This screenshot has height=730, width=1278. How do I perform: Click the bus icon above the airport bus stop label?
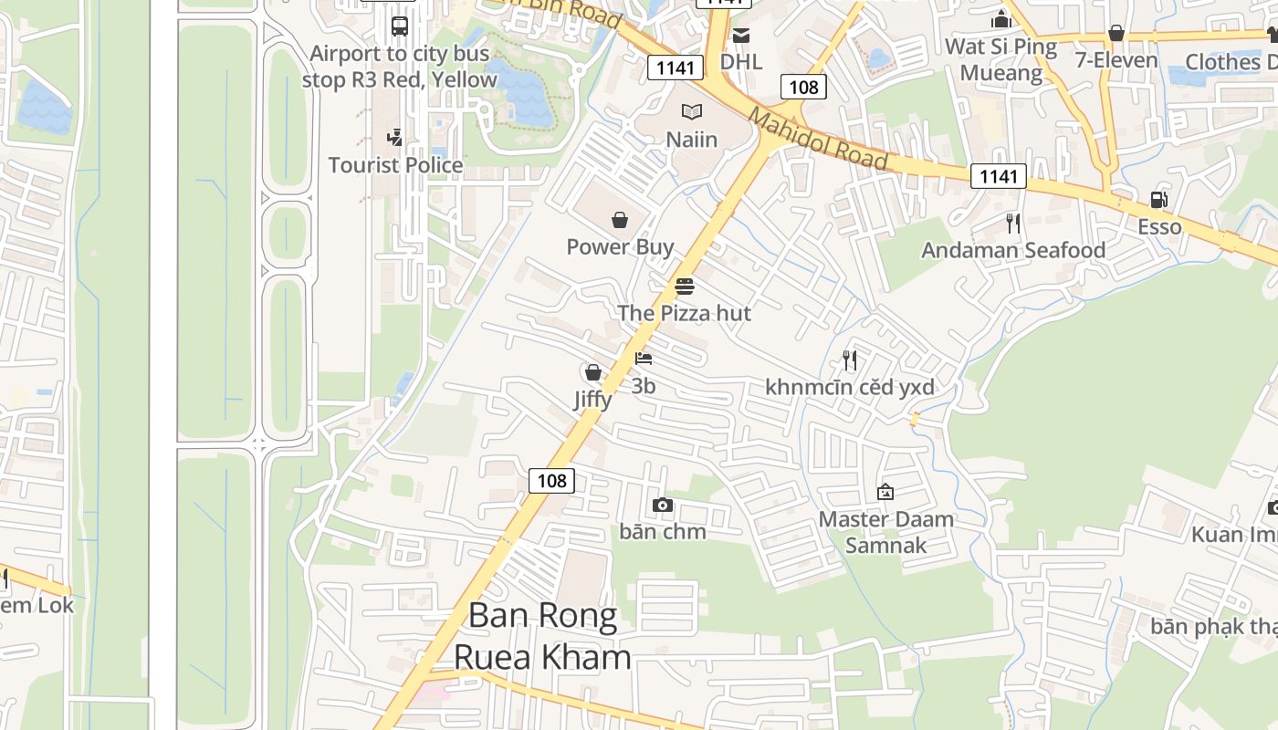pyautogui.click(x=399, y=26)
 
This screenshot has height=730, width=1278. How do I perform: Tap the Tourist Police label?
pyautogui.click(x=395, y=165)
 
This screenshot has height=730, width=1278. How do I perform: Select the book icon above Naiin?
pyautogui.click(x=692, y=112)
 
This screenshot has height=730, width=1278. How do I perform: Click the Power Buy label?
pyautogui.click(x=620, y=246)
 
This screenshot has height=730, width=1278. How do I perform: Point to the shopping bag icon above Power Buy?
pyautogui.click(x=620, y=220)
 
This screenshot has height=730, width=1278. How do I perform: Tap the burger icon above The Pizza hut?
pyautogui.click(x=685, y=287)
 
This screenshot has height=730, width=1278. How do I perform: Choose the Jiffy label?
pyautogui.click(x=592, y=399)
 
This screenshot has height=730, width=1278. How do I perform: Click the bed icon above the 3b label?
pyautogui.click(x=644, y=359)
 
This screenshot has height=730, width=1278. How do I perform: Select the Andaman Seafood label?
pyautogui.click(x=1013, y=250)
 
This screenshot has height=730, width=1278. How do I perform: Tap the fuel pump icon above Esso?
pyautogui.click(x=1158, y=200)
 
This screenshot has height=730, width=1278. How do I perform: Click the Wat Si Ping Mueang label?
pyautogui.click(x=1001, y=59)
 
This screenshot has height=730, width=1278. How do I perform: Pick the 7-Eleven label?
pyautogui.click(x=1116, y=61)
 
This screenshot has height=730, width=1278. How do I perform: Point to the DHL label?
pyautogui.click(x=740, y=61)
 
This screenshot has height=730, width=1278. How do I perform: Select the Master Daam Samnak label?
pyautogui.click(x=885, y=532)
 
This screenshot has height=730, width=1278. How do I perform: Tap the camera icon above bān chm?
pyautogui.click(x=663, y=505)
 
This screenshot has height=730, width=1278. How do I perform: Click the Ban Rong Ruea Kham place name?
pyautogui.click(x=542, y=636)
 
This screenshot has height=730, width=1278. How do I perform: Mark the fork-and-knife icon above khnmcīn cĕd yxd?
pyautogui.click(x=850, y=360)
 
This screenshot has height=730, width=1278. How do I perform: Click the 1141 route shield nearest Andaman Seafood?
pyautogui.click(x=998, y=176)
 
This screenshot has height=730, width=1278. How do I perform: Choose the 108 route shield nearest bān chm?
pyautogui.click(x=551, y=480)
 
